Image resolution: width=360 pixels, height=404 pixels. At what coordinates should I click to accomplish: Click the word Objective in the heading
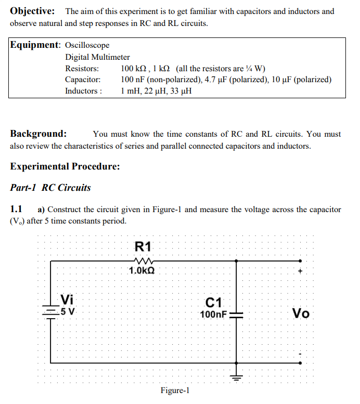33,11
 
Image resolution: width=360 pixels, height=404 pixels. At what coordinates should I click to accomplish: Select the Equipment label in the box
35,45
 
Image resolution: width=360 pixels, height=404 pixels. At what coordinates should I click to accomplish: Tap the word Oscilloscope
87,46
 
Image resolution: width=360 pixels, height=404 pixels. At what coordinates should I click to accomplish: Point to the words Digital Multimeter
97,57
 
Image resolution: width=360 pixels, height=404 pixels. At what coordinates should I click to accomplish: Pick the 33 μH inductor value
180,91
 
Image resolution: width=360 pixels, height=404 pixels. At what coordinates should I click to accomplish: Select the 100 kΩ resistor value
135,69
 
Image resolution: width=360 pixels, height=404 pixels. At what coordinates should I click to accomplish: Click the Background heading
38,134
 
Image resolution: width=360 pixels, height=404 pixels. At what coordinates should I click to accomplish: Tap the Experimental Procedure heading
65,166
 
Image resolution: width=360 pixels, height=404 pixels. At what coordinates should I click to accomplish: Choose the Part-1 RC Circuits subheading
50,188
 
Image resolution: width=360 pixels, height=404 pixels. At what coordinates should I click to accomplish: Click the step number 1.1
16,210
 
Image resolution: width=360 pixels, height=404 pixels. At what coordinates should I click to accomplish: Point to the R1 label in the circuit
142,246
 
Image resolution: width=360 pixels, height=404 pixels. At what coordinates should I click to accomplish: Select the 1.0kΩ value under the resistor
142,270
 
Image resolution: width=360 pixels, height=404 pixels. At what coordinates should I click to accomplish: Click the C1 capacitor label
214,302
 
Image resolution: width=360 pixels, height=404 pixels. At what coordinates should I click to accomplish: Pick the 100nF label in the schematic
213,314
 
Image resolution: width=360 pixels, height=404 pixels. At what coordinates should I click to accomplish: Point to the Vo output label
301,314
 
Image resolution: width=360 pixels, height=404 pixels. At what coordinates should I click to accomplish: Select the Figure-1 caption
175,390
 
